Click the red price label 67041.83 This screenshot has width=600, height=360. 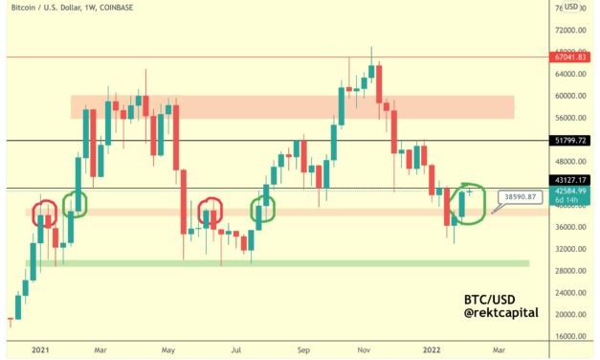tap(568, 57)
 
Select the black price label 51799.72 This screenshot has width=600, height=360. tap(568, 140)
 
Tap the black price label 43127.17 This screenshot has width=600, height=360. tap(568, 180)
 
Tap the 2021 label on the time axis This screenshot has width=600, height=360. tap(41, 350)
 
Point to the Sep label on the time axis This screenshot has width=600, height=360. tap(305, 350)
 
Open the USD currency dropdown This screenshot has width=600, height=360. tap(571, 6)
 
